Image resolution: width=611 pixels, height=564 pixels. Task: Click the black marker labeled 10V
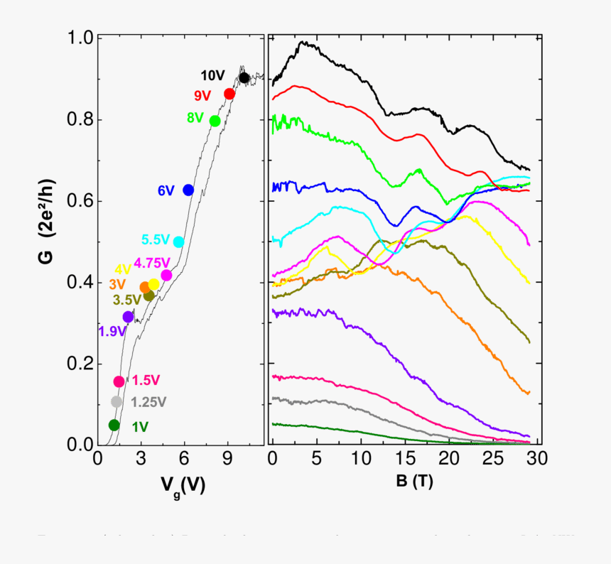[x=244, y=77]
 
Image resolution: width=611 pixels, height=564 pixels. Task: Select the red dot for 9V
[x=229, y=94]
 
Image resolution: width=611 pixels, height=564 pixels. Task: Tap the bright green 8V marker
[x=215, y=121]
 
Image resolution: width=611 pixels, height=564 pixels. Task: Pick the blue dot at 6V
[x=188, y=190]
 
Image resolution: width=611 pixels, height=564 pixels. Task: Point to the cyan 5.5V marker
[x=178, y=242]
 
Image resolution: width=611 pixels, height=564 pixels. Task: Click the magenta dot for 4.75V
[x=166, y=276]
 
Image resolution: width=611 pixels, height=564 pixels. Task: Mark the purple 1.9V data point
[x=128, y=317]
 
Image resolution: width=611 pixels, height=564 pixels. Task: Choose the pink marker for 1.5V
[x=119, y=381]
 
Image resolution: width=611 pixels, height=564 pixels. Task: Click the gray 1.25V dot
[x=117, y=402]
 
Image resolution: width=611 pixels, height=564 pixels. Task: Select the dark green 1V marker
[x=114, y=425]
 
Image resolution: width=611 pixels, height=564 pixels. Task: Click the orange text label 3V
[x=117, y=284]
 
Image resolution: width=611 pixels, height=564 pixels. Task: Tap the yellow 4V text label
[x=123, y=269]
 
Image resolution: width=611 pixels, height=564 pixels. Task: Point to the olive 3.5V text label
[x=127, y=300]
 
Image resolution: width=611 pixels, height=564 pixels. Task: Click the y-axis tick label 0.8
[x=79, y=119]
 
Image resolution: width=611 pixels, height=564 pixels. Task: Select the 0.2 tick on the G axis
[x=79, y=364]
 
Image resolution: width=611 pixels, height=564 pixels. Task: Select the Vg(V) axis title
[x=183, y=484]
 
